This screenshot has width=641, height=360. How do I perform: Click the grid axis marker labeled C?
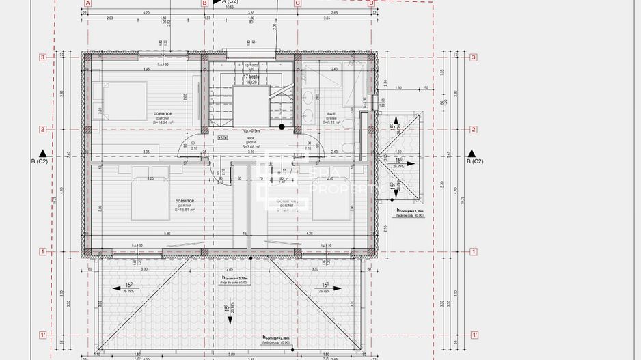[x=297, y=3]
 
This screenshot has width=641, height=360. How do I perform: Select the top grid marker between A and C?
[x=204, y=3]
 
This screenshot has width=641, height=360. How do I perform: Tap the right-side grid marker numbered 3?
[x=473, y=57]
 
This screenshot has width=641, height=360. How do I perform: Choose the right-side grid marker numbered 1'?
[x=473, y=335]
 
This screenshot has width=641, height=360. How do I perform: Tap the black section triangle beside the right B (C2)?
[x=469, y=152]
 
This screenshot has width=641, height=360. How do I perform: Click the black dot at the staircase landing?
[x=282, y=127]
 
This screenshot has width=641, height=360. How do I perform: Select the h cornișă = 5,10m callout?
[x=410, y=212]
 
